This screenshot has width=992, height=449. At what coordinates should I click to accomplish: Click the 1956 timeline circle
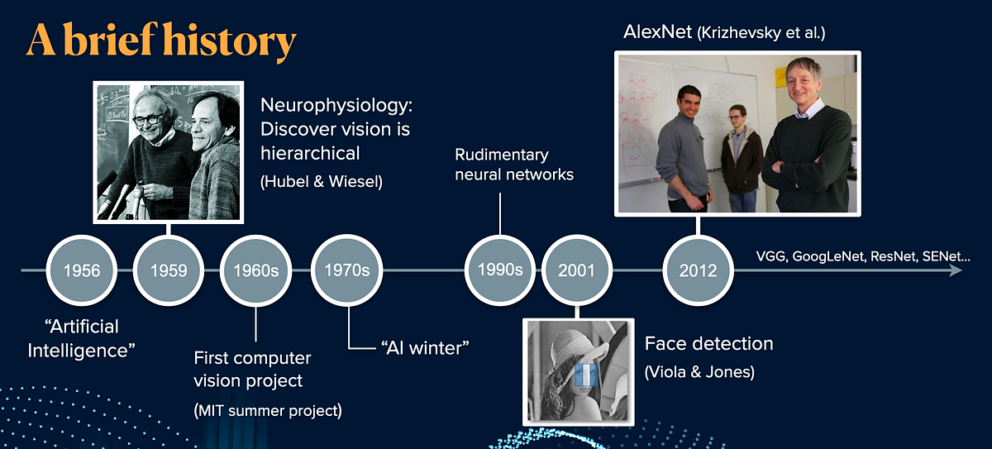pos(82,270)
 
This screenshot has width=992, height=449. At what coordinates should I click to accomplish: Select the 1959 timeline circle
pos(169,270)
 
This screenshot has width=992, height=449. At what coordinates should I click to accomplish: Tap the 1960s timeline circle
pos(256,270)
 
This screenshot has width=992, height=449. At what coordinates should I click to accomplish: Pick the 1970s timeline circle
pos(346,270)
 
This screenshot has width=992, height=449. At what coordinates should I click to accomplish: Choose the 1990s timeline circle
pos(500,270)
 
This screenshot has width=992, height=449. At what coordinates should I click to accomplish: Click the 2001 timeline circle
pos(577,270)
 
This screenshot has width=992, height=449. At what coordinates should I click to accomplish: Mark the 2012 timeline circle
pos(698,270)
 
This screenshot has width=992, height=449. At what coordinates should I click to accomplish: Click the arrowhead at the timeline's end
pos(956,270)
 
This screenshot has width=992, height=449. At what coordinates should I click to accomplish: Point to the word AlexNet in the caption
pos(658,32)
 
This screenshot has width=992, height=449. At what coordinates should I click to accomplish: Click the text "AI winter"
pos(425,348)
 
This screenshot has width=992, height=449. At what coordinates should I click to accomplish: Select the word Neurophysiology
pos(336,106)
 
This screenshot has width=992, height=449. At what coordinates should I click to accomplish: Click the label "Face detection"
pos(709,344)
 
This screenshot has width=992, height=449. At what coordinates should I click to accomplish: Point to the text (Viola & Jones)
pos(699,372)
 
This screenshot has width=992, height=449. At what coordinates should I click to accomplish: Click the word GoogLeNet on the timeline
pos(828,256)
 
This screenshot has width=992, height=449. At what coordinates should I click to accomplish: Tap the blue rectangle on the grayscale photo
pos(586,375)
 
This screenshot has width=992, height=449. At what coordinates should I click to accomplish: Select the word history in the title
pos(230,41)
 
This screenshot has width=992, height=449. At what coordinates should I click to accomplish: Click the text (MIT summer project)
pos(268,410)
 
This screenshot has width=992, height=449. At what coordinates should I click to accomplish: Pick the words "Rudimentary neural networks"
pos(514,165)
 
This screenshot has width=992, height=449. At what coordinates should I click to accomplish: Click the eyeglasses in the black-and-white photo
pos(148,120)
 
